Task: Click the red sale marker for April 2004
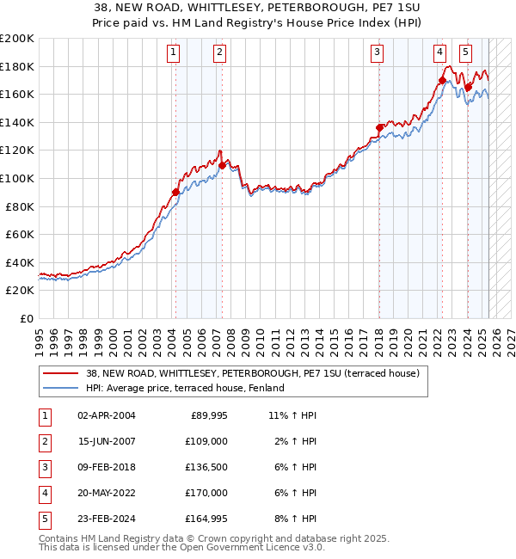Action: [x=175, y=193]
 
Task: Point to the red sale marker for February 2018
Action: [x=379, y=127]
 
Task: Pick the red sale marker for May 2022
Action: [x=442, y=81]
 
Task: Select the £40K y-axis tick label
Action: [x=20, y=262]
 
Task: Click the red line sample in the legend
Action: [x=60, y=373]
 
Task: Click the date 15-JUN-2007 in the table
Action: [x=106, y=441]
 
